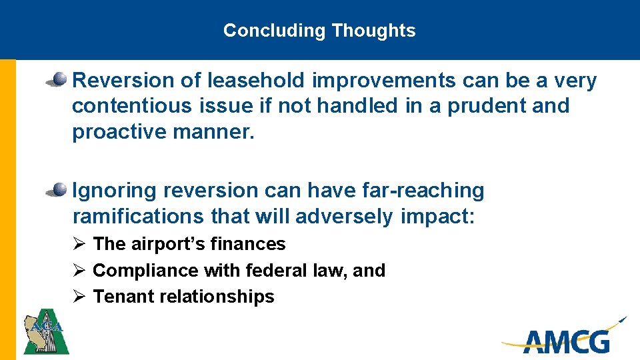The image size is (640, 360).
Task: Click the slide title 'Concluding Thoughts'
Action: point(319,31)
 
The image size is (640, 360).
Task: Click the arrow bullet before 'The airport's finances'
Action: point(78,244)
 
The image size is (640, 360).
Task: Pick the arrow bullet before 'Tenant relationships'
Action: point(78,297)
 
